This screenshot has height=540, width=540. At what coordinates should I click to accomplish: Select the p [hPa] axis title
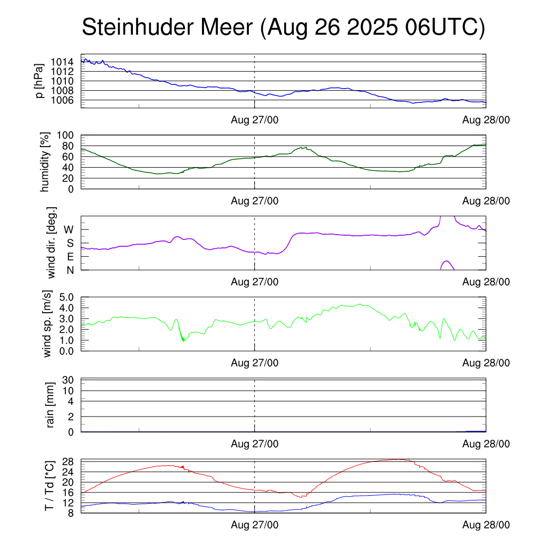click(x=39, y=81)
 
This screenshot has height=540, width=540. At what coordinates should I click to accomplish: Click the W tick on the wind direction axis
click(x=69, y=229)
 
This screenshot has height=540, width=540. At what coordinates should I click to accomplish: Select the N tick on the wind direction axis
click(x=70, y=269)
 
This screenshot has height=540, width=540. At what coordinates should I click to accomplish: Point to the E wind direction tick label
click(x=70, y=256)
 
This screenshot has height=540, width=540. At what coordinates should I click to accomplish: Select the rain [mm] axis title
click(x=51, y=405)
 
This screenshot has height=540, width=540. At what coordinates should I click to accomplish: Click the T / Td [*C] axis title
click(x=49, y=485)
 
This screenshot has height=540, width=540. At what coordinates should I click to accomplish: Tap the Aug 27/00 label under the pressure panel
click(x=255, y=120)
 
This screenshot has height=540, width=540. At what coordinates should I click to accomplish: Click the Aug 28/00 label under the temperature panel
click(x=486, y=525)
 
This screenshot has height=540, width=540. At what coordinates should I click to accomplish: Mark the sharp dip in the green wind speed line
click(x=183, y=340)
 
